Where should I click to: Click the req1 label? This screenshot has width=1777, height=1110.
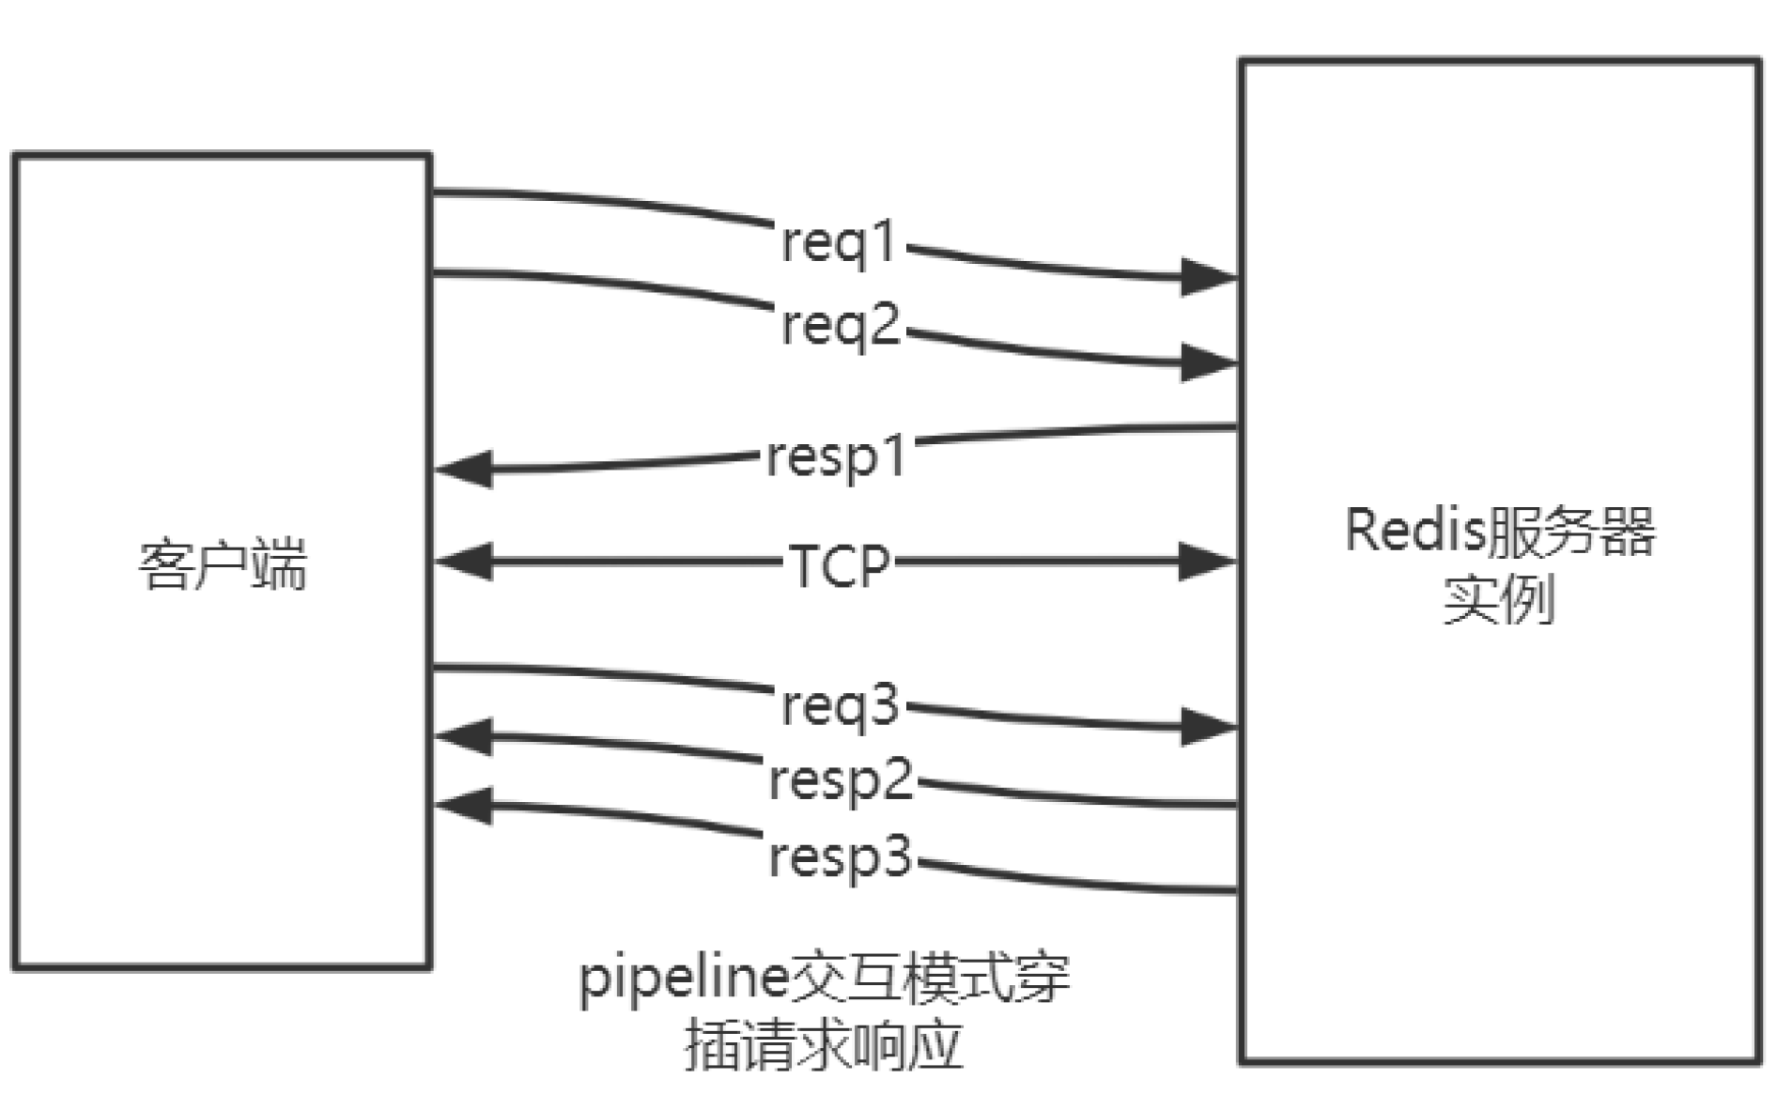(839, 243)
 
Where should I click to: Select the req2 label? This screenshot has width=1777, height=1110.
(841, 327)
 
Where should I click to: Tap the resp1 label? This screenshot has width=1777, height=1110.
(837, 458)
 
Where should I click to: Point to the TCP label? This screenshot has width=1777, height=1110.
(839, 565)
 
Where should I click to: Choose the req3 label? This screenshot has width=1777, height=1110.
(841, 706)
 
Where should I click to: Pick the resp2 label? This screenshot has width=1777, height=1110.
(841, 780)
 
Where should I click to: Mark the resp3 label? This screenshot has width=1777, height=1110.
(841, 856)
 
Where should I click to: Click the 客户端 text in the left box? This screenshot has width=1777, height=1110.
(223, 565)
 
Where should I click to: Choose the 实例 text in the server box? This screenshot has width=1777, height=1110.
(1499, 599)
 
